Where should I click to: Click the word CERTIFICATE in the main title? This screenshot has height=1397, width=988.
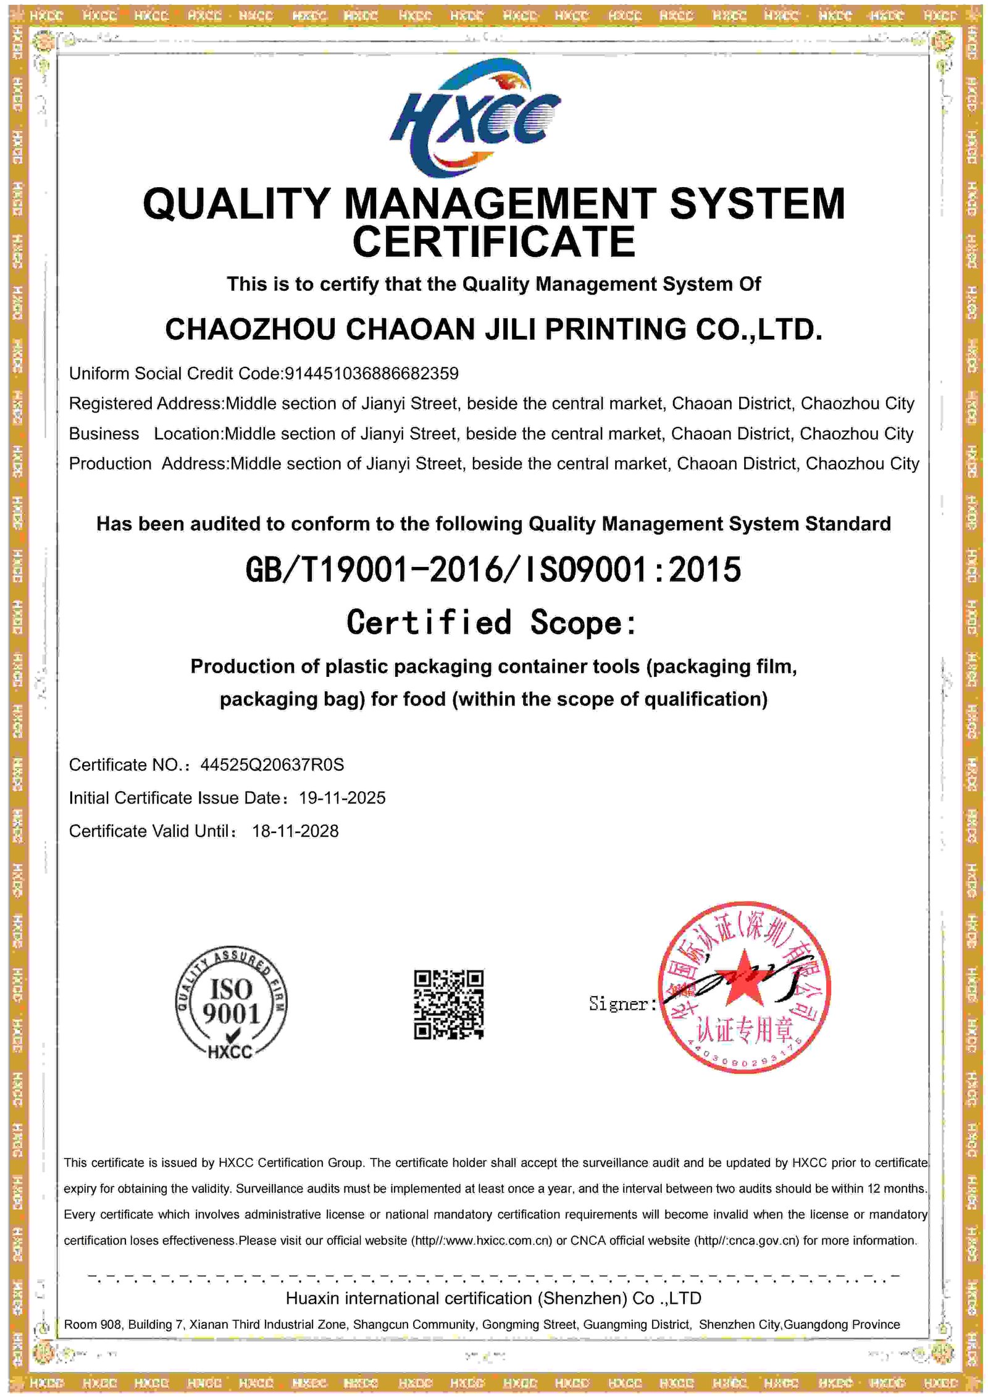(x=493, y=242)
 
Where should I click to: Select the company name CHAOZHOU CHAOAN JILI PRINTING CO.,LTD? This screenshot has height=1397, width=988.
(x=493, y=329)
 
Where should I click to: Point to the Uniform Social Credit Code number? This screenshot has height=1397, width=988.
(x=371, y=374)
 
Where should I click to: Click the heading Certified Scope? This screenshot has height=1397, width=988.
(x=492, y=622)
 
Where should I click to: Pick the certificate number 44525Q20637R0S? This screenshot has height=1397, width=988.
(x=272, y=765)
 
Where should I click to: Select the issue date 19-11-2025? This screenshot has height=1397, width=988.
(x=342, y=798)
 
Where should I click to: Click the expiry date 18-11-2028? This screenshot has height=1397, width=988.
(x=295, y=831)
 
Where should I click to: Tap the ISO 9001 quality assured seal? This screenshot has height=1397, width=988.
(x=230, y=1004)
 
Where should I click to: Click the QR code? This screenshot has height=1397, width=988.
(x=449, y=1004)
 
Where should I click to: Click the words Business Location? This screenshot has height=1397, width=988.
(x=145, y=434)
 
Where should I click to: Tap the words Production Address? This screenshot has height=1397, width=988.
(x=148, y=464)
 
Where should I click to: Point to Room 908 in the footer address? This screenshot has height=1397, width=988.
(x=92, y=1325)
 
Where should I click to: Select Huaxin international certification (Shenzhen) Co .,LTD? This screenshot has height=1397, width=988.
(x=493, y=1299)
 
